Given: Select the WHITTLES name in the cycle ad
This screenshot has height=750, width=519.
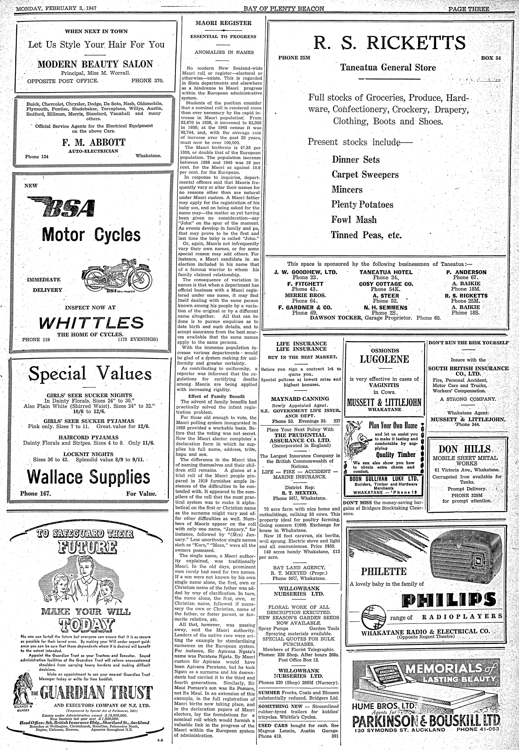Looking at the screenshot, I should click(x=91, y=323).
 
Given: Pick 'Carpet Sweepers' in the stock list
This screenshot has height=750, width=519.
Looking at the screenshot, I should click(x=365, y=175).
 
